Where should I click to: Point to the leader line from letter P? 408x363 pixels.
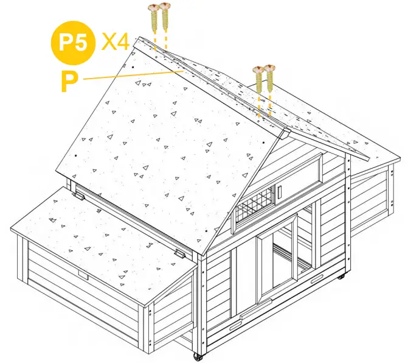(x=134, y=74)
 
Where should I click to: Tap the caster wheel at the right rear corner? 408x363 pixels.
(x=341, y=277)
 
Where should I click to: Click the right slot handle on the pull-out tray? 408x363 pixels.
(x=317, y=281)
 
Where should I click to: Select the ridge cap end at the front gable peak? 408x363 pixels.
(x=283, y=131)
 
